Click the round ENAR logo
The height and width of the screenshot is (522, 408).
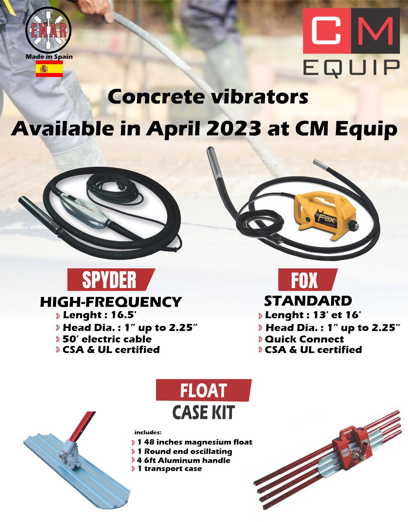[48, 30]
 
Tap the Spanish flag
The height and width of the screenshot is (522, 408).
[49, 69]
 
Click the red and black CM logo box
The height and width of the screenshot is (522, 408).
[351, 31]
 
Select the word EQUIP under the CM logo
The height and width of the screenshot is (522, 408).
[351, 68]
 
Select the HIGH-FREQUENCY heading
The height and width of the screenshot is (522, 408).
[111, 302]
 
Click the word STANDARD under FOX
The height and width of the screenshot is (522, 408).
[308, 301]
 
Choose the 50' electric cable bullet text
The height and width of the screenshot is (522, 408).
[107, 339]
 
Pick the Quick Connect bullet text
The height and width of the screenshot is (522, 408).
[304, 339]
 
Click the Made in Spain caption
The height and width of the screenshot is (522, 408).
[49, 57]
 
